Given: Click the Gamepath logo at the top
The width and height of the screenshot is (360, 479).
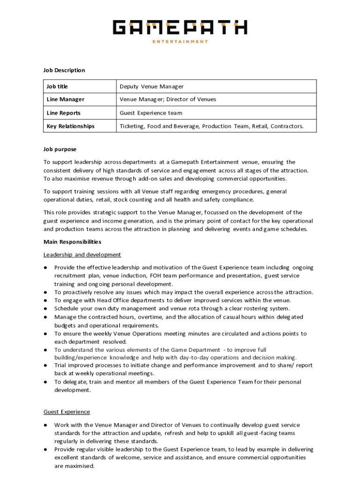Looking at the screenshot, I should [x=180, y=28].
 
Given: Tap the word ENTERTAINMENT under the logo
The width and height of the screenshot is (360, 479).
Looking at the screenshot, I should [x=180, y=42].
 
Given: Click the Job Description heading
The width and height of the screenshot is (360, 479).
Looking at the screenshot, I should [x=64, y=70].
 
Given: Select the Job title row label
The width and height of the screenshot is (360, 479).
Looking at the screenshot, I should [x=60, y=87].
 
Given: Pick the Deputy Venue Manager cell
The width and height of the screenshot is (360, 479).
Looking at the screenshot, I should [x=151, y=87].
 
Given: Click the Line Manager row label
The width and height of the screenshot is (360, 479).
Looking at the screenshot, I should [x=65, y=99].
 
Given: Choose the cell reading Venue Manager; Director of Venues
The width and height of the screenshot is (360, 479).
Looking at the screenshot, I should [x=168, y=99].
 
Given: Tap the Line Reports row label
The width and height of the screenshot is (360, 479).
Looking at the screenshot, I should [x=64, y=113].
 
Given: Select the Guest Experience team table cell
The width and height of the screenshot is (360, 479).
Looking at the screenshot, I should [x=151, y=113].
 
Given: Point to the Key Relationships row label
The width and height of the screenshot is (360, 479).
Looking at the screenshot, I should [x=71, y=126].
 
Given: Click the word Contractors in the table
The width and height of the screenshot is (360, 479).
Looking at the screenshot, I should [x=287, y=126].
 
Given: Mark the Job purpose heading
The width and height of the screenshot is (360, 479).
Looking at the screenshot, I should [x=60, y=149].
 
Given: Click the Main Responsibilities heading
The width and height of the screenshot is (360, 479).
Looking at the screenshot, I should [x=72, y=242].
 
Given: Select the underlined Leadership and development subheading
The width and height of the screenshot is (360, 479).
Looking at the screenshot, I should [x=82, y=254].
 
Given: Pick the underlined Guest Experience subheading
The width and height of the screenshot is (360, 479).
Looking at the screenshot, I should [x=67, y=412].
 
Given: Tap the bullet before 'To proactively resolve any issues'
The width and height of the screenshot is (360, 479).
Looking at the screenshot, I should [x=45, y=292].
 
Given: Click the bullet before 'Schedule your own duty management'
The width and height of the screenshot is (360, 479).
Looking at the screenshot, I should [x=45, y=309].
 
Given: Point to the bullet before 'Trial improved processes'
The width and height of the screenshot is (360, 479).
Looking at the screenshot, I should [x=45, y=365].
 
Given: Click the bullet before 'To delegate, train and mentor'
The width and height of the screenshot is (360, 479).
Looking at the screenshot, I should [x=45, y=382].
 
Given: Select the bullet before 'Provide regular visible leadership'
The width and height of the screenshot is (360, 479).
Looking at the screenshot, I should [x=45, y=450].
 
